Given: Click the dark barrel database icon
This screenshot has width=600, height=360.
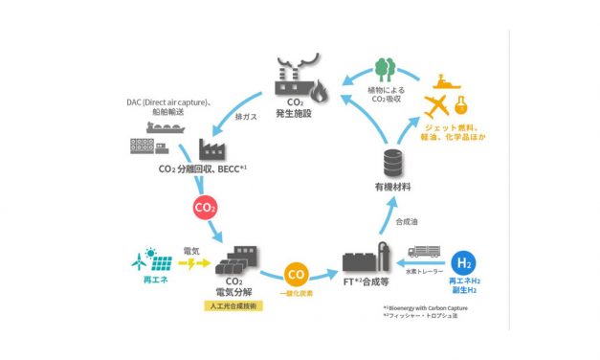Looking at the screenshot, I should [x=389, y=163].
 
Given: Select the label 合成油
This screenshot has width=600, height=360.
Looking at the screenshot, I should [x=406, y=222].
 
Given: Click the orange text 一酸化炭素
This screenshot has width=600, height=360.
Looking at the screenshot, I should [x=297, y=294].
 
